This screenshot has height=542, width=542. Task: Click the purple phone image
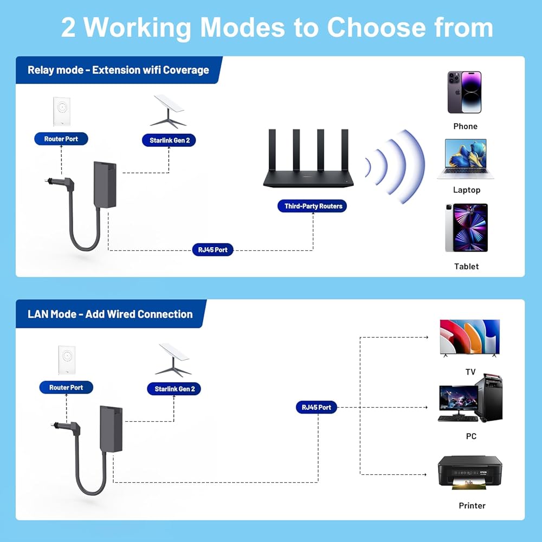pos(464,92)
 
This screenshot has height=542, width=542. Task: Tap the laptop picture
pos(466,159)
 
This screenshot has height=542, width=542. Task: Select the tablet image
pos(466,228)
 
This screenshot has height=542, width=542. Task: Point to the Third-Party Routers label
pos(313,206)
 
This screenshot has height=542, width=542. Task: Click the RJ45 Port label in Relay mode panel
pos(213,250)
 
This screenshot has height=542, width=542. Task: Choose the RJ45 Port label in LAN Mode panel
pos(317,407)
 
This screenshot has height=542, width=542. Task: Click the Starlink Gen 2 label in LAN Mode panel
pos(175,389)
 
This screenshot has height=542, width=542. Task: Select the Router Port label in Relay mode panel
pos(61,139)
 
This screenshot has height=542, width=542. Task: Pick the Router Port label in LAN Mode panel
pos(66,388)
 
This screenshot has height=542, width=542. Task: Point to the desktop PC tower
pos(488,398)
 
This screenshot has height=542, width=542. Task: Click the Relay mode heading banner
pos(118,70)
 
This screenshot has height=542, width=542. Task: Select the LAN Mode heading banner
pos(110,314)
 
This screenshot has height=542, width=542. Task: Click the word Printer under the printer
pos(472,506)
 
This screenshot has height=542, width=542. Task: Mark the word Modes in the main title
pos(238,27)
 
